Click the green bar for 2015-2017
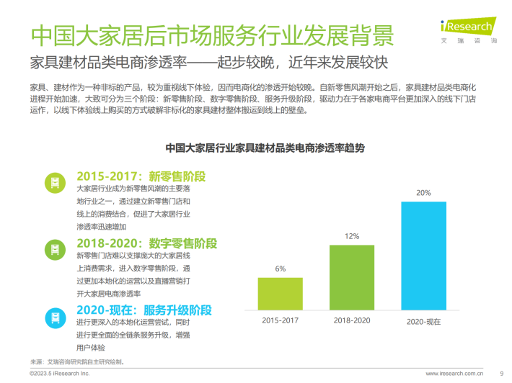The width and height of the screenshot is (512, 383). (280, 294)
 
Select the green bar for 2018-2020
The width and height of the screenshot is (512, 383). (352, 277)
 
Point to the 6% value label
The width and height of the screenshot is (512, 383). (280, 269)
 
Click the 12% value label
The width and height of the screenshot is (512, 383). (352, 236)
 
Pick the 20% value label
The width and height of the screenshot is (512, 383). (423, 193)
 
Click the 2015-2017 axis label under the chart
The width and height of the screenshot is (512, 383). (280, 320)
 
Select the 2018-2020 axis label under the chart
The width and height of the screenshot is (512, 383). (352, 320)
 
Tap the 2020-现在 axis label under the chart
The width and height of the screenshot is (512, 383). (423, 321)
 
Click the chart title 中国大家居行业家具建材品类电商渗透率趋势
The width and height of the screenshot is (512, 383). (265, 148)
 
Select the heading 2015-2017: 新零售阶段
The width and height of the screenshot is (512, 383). (141, 176)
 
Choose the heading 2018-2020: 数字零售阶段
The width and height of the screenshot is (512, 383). (146, 243)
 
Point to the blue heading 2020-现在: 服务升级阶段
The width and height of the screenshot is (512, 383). (144, 310)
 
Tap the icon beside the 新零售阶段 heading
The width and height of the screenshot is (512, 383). (53, 183)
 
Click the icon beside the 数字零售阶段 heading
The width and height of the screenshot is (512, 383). (53, 250)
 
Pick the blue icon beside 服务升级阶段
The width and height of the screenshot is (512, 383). (53, 316)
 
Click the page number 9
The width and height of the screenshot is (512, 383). (501, 374)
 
